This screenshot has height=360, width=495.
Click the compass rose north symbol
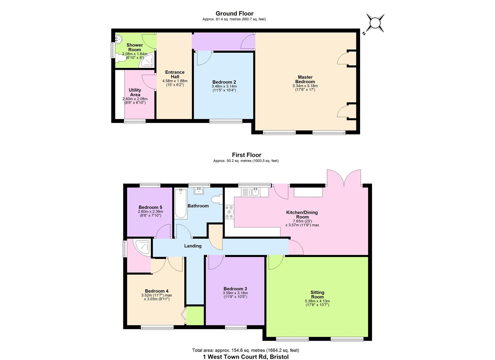click(375, 23)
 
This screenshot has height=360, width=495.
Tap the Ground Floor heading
click(234, 13)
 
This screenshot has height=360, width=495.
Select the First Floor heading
click(247, 155)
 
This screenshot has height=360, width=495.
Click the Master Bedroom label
click(305, 79)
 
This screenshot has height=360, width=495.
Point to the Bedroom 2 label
click(224, 82)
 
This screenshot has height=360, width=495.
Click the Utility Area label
click(135, 92)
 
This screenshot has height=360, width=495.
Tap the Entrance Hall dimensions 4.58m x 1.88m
click(175, 81)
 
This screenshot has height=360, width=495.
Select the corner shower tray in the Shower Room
click(146, 60)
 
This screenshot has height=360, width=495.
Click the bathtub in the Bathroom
click(181, 204)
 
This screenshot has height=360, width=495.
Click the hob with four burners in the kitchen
click(229, 212)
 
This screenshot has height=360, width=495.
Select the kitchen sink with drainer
click(251, 192)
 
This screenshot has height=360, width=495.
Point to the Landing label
click(193, 246)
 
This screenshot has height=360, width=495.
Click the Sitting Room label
click(317, 295)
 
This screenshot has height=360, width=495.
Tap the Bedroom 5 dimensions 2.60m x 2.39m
click(150, 211)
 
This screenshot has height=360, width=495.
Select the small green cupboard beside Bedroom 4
click(195, 316)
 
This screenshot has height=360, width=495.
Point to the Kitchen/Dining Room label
click(302, 215)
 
